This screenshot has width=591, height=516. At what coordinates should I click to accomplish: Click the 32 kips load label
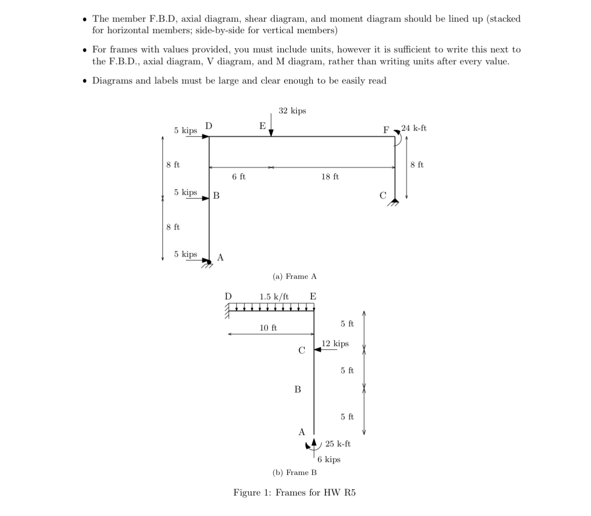[292, 111]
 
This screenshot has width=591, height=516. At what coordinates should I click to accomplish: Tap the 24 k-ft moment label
[414, 128]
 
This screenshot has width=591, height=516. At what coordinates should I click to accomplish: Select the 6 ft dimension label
[239, 176]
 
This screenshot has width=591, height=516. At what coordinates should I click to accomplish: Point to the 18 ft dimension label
[330, 176]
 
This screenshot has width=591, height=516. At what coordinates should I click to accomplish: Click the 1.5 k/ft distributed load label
[274, 296]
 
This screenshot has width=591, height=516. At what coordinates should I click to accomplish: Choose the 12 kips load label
[335, 343]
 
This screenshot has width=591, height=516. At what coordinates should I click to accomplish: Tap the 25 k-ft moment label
[338, 444]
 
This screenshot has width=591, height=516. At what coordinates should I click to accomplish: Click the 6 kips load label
[329, 459]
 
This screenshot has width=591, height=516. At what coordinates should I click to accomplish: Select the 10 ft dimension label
[268, 328]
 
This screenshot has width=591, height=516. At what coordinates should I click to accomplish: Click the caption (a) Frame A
[295, 276]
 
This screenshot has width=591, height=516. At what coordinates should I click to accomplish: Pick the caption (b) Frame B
[295, 472]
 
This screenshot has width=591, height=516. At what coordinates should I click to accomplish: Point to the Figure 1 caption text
[295, 493]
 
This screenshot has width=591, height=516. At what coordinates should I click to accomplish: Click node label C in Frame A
[383, 195]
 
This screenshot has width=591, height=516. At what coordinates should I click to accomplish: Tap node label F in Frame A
[386, 130]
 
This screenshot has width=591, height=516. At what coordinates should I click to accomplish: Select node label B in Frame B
[297, 390]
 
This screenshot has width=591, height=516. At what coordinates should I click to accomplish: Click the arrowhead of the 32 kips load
[271, 133]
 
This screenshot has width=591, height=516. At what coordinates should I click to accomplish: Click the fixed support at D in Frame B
[227, 312]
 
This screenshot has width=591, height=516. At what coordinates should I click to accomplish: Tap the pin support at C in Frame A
[394, 202]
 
